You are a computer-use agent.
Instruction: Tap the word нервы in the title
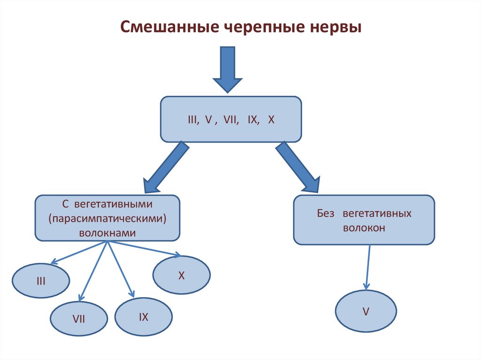click(335, 27)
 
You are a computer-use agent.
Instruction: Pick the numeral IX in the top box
click(253, 120)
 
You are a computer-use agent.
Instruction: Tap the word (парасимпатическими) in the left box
click(108, 219)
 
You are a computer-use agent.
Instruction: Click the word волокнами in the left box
click(108, 232)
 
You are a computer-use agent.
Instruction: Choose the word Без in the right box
click(325, 214)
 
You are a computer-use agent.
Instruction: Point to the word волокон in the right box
click(364, 228)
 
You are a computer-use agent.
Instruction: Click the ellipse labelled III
click(41, 282)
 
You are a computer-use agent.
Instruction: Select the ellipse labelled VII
click(78, 319)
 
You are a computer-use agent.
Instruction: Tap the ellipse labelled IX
click(143, 317)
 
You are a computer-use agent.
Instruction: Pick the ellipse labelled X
click(181, 276)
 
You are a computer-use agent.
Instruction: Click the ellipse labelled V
click(365, 311)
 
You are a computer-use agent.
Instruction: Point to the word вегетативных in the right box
click(377, 214)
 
